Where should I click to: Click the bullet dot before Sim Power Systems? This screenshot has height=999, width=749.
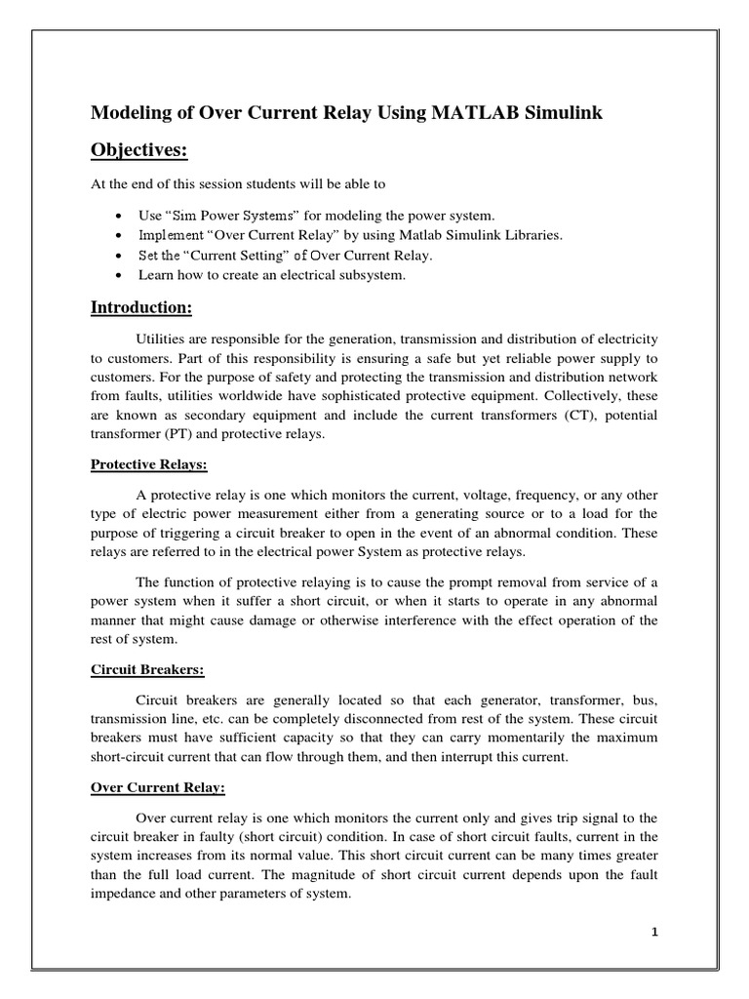click(118, 216)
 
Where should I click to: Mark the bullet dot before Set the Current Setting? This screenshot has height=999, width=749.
click(118, 257)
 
